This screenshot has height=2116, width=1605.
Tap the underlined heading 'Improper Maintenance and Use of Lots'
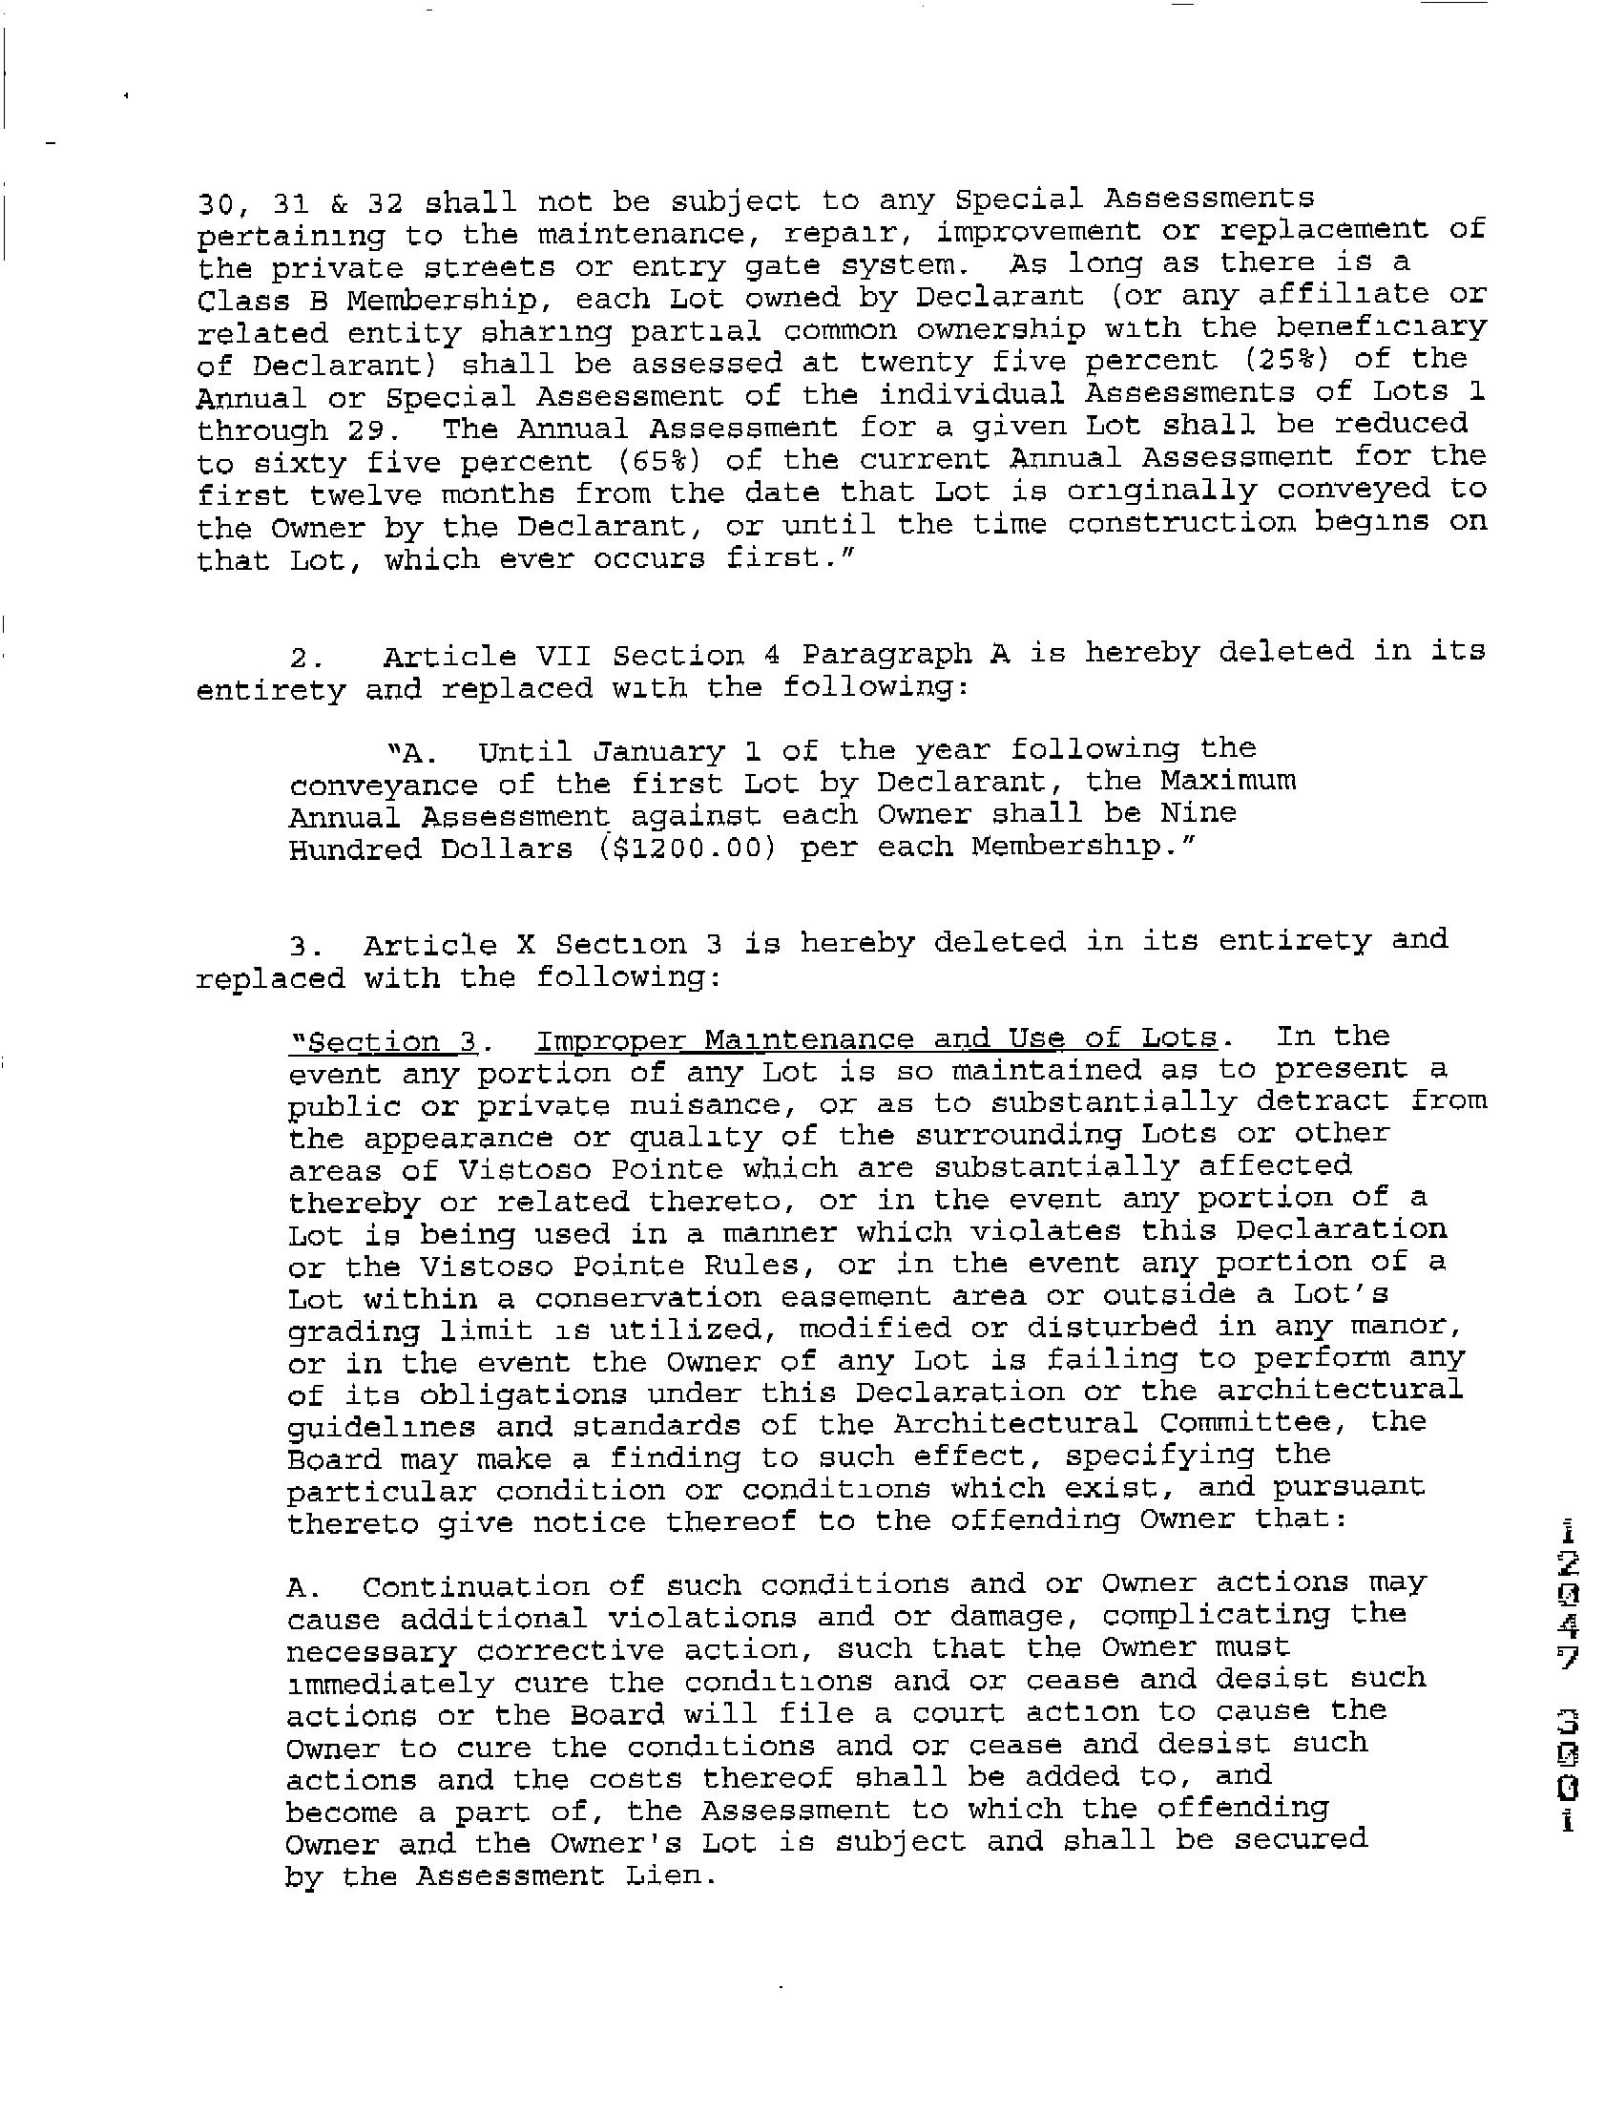coord(875,1039)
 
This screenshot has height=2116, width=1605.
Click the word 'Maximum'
coord(1228,781)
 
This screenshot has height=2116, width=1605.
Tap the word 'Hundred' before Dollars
coord(354,849)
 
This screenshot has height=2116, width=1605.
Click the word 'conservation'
coord(647,1298)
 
